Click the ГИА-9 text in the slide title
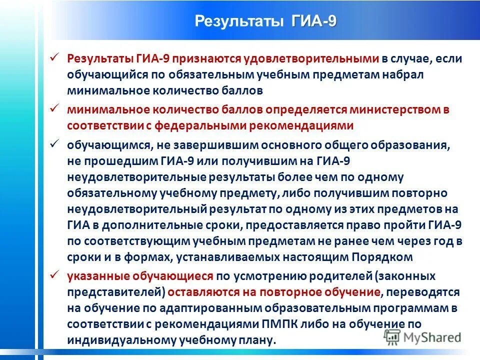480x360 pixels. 314,21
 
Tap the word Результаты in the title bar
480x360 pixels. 238,22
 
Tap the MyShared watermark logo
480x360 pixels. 422,337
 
